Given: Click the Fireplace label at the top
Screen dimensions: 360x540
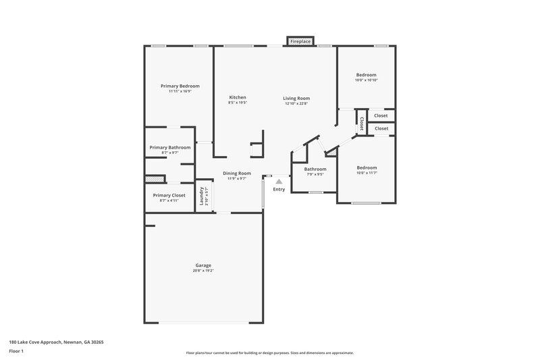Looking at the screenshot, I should point(300,42).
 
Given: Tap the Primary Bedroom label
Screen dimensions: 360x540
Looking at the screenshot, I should point(180,86).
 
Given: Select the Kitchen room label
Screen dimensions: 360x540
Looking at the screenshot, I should point(238,98).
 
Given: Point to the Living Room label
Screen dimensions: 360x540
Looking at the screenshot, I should point(296,98).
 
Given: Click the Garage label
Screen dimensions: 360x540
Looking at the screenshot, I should point(203,265).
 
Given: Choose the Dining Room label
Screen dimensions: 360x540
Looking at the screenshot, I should point(237,173).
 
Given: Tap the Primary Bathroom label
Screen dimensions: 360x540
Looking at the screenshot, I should point(170,147).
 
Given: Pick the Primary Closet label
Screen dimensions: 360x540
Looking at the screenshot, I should point(169,195).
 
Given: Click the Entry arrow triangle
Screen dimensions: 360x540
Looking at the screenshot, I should point(279,181).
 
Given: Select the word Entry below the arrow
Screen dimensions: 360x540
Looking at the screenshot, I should point(279,189).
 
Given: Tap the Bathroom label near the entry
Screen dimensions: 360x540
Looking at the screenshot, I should point(315,169).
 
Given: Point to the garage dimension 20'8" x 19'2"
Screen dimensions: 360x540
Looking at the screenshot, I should point(203,271).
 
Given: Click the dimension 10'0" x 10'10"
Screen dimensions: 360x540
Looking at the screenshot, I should point(367,80).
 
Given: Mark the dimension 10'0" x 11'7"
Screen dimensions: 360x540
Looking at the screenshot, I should point(367,174).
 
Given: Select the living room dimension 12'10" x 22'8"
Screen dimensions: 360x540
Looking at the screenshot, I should point(296,104).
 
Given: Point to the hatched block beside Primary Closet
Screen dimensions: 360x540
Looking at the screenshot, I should point(155,179).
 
